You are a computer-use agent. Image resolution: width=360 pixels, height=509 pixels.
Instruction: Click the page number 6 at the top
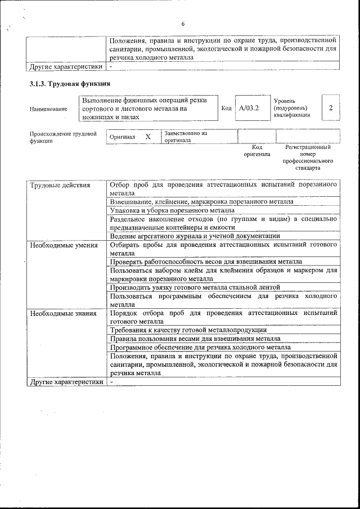pos(183,24)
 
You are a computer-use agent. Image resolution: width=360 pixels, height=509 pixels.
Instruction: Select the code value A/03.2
pos(248,107)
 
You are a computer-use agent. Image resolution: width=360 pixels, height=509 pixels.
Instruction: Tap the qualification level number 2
pos(331,107)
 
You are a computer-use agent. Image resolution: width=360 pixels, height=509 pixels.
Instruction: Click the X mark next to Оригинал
pos(148,137)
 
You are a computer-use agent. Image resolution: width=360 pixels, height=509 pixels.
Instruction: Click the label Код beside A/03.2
pos(226,108)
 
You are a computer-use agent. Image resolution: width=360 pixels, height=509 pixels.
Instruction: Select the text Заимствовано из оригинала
pos(186,137)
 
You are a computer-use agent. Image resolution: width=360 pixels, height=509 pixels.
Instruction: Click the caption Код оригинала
pos(256,151)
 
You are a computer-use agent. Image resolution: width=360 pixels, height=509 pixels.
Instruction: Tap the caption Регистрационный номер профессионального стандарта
pos(308,157)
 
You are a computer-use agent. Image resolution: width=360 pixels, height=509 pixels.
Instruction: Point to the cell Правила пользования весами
pos(195,339)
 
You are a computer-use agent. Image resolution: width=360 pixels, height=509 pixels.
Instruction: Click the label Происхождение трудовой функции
pos(62,137)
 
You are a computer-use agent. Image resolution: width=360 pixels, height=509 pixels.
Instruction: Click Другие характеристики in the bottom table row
pos(66,381)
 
